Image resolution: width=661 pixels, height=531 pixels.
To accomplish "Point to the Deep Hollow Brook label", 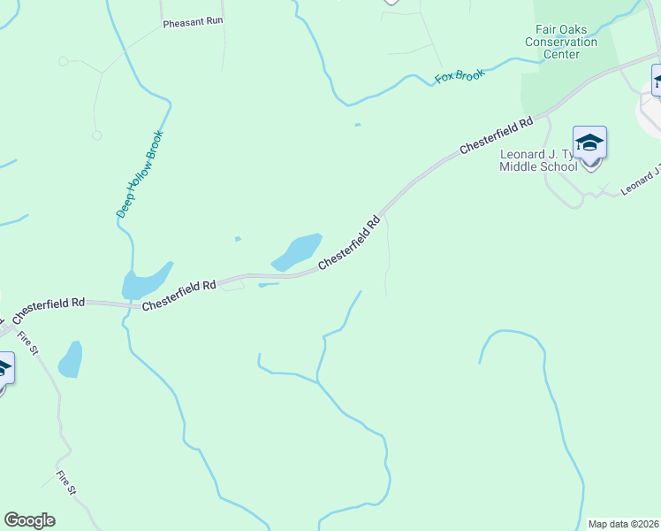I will tap(141, 174).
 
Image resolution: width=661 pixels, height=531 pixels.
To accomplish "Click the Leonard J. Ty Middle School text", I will tap(539, 160).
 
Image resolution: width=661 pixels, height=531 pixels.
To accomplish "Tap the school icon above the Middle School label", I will tap(589, 142).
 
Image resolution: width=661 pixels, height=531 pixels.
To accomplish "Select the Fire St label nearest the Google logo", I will tap(67, 482).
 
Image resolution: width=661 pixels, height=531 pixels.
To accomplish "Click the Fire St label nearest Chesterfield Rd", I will tap(29, 342).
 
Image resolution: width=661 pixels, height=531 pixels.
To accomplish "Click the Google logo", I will tap(29, 520).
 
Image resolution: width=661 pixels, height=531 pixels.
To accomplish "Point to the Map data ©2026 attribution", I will tap(623, 524).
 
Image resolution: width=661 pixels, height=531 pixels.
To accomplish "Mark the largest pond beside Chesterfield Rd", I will tap(296, 251).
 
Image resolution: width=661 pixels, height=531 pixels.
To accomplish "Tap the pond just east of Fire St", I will tap(70, 359).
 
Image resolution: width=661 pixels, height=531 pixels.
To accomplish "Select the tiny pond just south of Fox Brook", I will tap(357, 125).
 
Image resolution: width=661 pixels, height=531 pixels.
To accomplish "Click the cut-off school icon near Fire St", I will tap(4, 367).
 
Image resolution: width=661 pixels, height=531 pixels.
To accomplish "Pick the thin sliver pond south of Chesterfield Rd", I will tap(269, 285).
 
